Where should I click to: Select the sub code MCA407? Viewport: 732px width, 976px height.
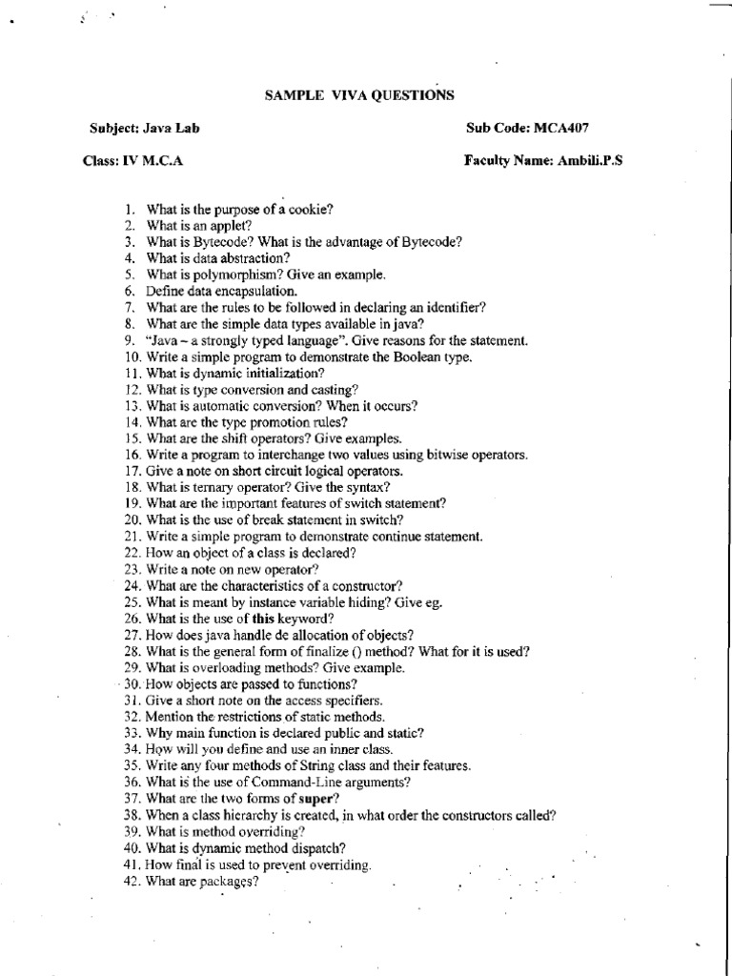568,128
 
